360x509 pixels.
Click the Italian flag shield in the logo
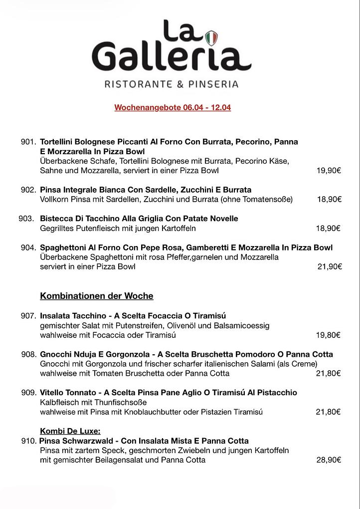[x=212, y=37]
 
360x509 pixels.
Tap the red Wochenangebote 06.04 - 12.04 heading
[x=173, y=107]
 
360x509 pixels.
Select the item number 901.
[x=28, y=142]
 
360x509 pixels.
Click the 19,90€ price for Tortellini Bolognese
[x=329, y=171]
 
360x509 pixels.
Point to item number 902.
[x=28, y=190]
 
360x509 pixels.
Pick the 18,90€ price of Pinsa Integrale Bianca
[x=329, y=200]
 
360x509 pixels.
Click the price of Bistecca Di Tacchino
[x=328, y=229]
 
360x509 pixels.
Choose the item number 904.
[x=28, y=248]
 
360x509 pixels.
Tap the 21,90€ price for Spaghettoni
[x=330, y=267]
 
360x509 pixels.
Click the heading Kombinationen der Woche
[x=97, y=296]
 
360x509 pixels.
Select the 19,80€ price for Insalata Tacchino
[x=328, y=335]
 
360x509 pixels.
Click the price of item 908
[x=328, y=373]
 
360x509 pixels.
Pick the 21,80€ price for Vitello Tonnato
[x=328, y=412]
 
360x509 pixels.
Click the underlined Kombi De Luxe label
[x=70, y=431]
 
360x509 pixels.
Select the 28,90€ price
[x=329, y=460]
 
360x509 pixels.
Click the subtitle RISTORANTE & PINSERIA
[x=172, y=84]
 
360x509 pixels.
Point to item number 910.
[x=29, y=441]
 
